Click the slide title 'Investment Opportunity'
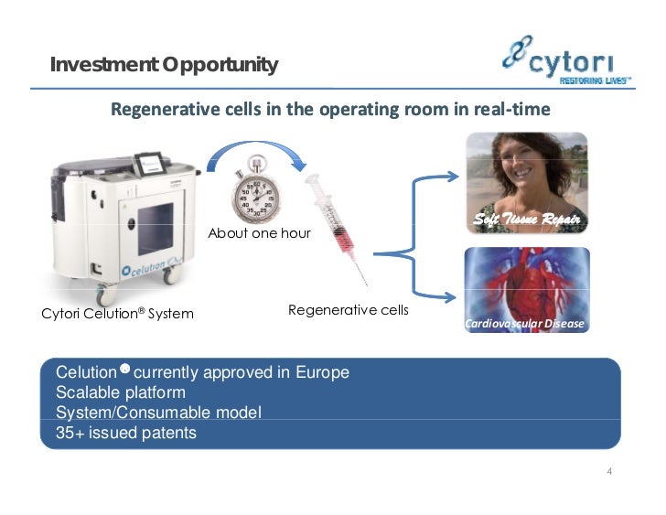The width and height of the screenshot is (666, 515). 164,65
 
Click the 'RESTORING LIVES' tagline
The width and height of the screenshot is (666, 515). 596,80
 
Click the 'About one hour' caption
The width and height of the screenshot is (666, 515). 259,233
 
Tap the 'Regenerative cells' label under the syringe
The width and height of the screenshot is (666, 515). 348,310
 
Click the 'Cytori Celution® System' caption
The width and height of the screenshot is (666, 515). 117,314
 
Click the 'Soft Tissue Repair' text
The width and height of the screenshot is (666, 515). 526,220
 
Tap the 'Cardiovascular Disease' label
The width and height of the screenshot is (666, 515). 527,324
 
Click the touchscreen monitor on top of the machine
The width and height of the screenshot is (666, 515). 150,165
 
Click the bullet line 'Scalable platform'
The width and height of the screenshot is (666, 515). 121,393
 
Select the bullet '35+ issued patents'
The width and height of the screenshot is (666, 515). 126,433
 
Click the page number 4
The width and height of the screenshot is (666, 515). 608,472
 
